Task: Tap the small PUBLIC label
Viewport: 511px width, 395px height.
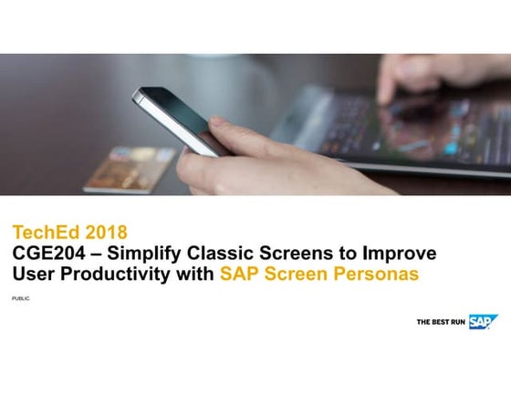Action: pos(20,298)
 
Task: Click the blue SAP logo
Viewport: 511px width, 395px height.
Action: pos(484,321)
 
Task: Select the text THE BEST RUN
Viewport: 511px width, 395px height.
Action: pos(442,322)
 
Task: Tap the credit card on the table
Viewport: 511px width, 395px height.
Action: pos(129,168)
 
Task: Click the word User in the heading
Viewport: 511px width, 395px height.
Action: pos(31,273)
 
